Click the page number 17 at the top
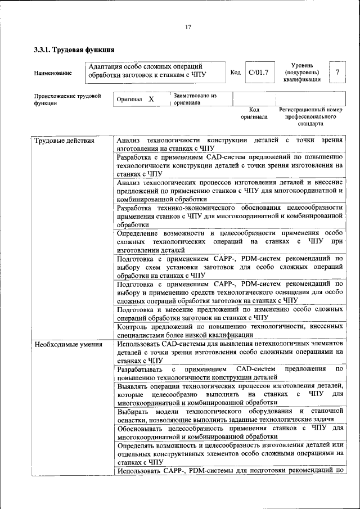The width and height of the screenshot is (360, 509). [x=188, y=26]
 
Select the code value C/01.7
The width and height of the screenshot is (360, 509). [x=259, y=72]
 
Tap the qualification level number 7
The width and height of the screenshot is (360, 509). [x=337, y=72]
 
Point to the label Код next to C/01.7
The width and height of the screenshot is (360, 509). [x=236, y=72]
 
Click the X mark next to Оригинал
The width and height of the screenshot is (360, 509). [x=151, y=99]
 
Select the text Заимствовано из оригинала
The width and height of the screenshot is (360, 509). [x=195, y=99]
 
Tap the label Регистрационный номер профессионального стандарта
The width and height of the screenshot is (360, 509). [x=310, y=116]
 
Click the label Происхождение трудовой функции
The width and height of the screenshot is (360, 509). [x=67, y=100]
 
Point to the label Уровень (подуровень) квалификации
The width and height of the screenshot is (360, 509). [x=301, y=72]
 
